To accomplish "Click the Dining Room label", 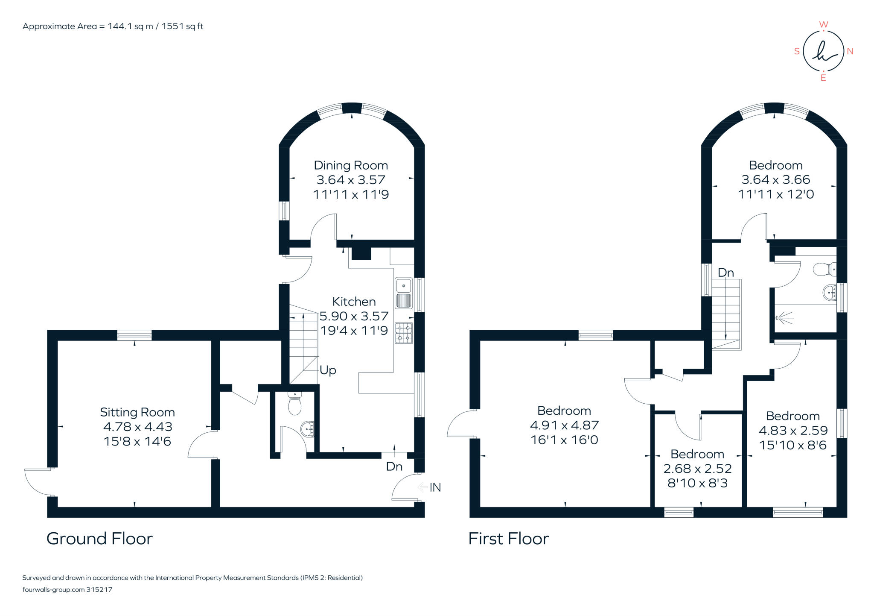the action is [x=351, y=165].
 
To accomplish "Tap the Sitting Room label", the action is [x=137, y=412].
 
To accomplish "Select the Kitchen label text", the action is [x=354, y=302].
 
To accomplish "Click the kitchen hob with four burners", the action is [x=404, y=333].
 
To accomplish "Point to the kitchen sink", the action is [x=403, y=293].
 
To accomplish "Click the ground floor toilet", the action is [x=294, y=403].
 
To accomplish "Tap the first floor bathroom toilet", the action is [x=824, y=270].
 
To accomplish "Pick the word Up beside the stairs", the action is [x=328, y=370].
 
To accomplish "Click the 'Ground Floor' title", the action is [x=99, y=538].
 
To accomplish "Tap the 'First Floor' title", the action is [x=509, y=538].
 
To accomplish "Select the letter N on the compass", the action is [x=850, y=51].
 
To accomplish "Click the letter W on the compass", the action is [x=824, y=24].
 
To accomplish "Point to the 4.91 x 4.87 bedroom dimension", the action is [x=564, y=425].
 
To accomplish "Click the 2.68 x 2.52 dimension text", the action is [x=697, y=469].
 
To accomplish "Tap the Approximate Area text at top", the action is [x=113, y=26].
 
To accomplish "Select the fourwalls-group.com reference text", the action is [x=67, y=590].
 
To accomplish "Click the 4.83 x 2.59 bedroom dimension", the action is [x=793, y=431].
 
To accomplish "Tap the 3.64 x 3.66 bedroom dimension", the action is [x=776, y=180].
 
